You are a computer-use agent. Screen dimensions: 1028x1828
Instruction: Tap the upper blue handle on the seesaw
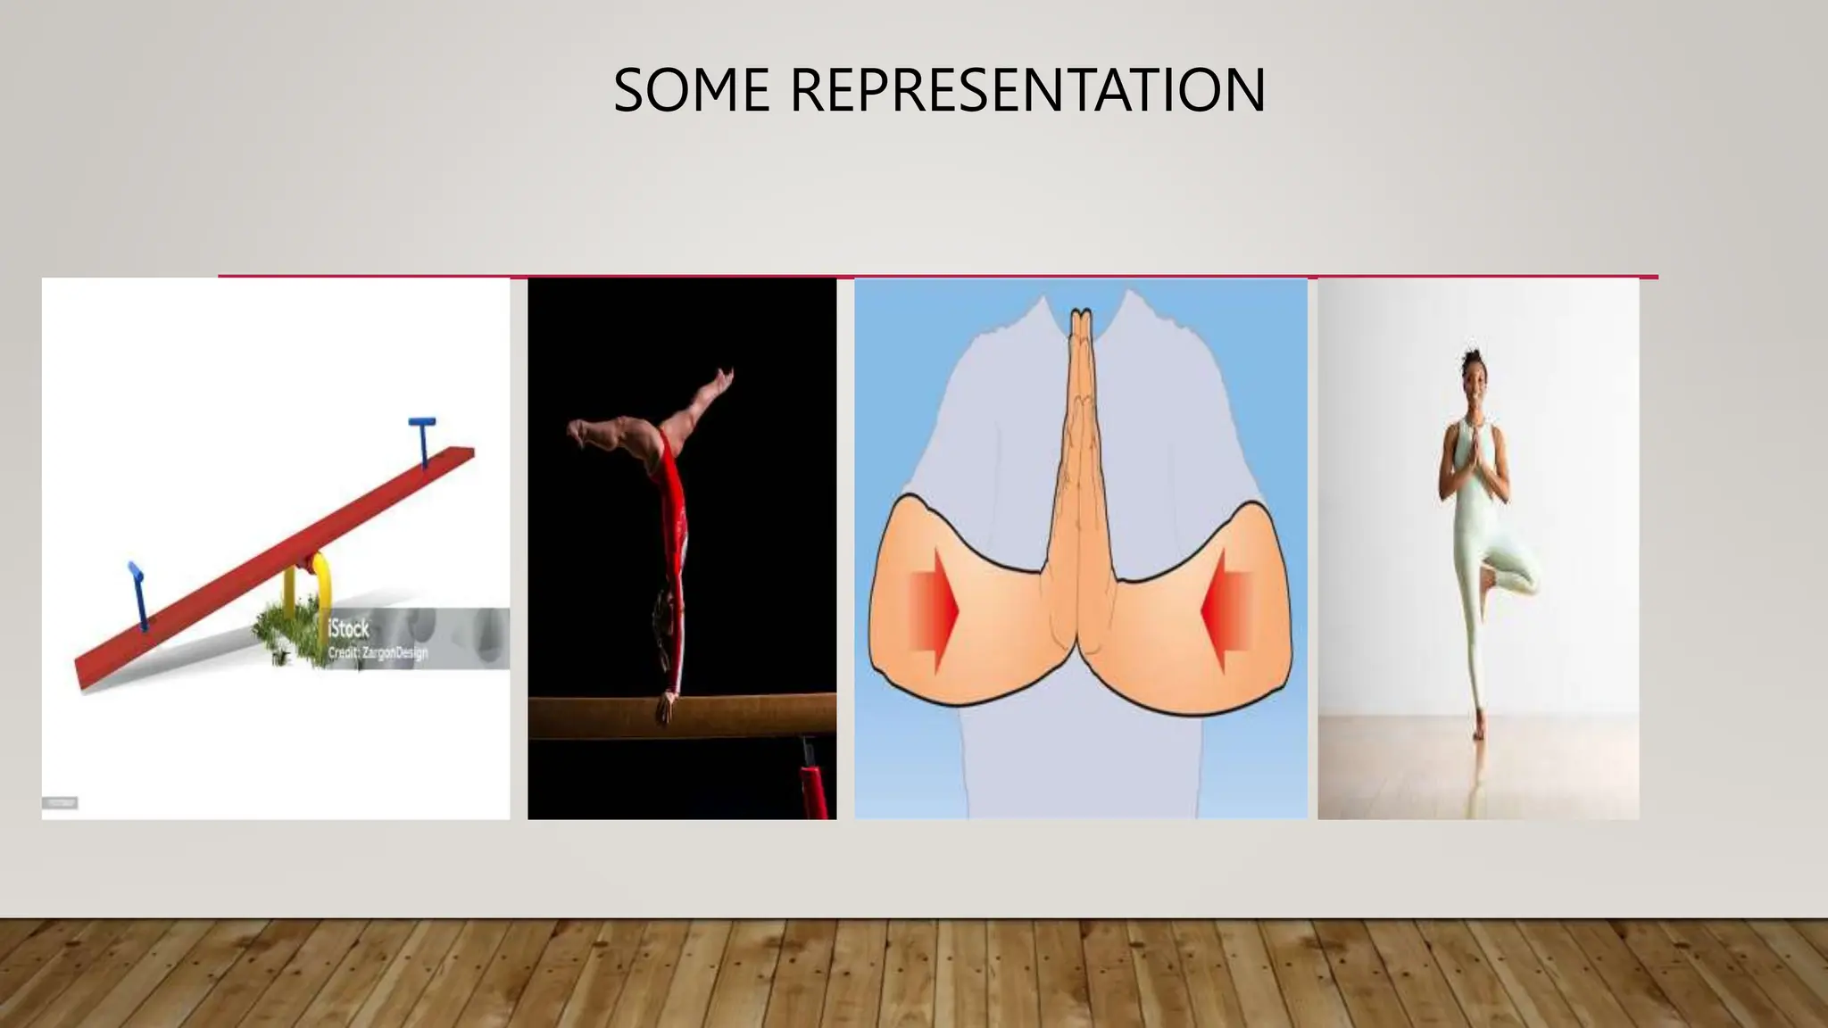[421, 438]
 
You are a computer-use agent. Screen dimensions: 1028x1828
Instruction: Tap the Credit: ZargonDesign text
[378, 653]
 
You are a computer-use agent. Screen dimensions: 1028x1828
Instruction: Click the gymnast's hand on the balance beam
[665, 709]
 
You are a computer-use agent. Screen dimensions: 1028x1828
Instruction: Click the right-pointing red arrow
[934, 611]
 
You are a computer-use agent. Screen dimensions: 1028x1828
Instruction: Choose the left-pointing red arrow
[1226, 612]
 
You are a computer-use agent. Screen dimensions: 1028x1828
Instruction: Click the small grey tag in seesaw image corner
[60, 803]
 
